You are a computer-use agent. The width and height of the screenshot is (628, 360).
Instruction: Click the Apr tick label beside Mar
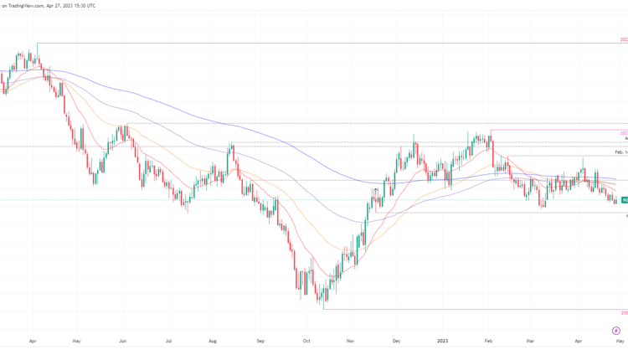(x=579, y=342)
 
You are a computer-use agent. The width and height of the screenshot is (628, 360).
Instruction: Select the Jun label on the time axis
(x=122, y=342)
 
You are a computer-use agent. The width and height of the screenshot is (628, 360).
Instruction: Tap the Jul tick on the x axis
(x=169, y=342)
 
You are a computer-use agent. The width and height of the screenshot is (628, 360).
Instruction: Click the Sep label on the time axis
(x=260, y=342)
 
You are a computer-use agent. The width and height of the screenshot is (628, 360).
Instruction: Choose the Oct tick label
(x=307, y=342)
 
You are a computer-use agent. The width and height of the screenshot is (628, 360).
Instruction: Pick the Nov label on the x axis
(x=351, y=342)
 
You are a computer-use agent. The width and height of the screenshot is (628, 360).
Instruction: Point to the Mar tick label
(x=530, y=342)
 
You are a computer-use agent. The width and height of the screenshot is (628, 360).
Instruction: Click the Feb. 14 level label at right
(x=620, y=152)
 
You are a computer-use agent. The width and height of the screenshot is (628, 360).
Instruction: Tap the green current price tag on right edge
(x=624, y=200)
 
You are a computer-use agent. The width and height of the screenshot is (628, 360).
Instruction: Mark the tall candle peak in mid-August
(x=232, y=146)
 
